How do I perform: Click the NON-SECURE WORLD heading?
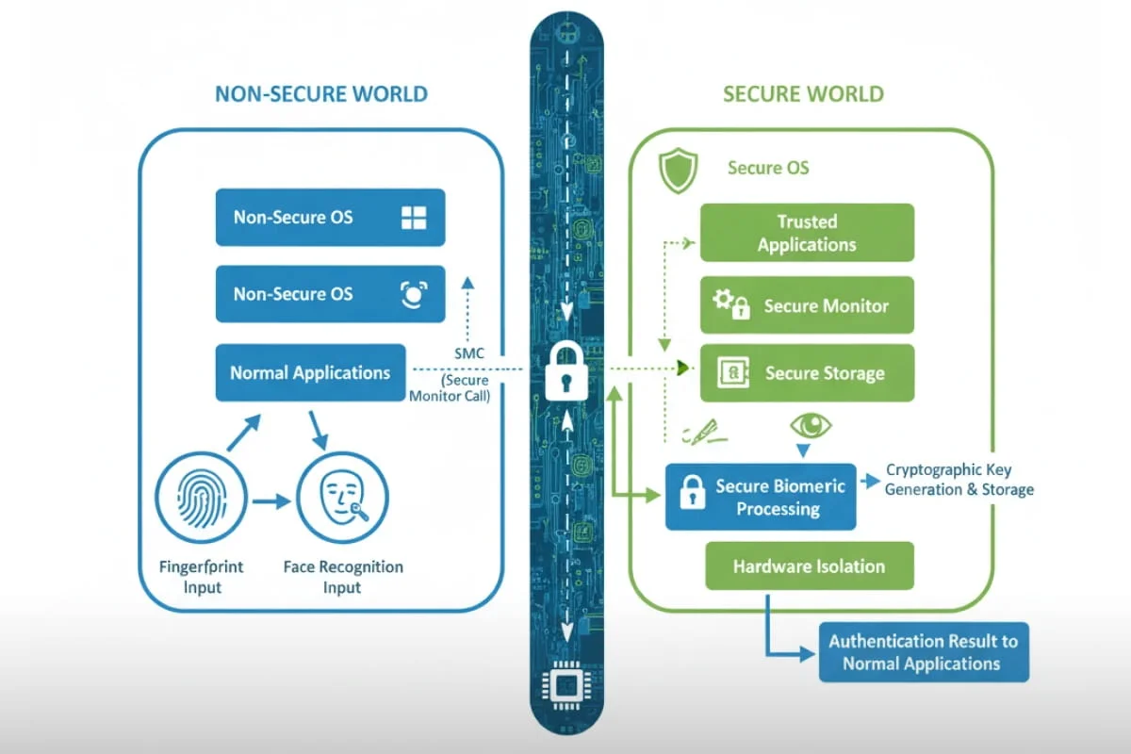click(x=321, y=94)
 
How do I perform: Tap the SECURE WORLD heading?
click(x=803, y=94)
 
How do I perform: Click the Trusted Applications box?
click(x=806, y=233)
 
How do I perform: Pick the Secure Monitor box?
click(x=806, y=305)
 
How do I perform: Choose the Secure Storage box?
click(x=806, y=373)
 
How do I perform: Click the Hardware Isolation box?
click(x=809, y=566)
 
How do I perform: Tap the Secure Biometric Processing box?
click(x=761, y=497)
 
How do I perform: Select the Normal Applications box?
click(x=310, y=372)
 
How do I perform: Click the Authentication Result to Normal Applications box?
click(x=923, y=652)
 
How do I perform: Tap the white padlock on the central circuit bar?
click(x=565, y=369)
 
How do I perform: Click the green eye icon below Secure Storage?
click(x=811, y=425)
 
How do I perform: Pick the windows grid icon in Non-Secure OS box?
click(x=414, y=218)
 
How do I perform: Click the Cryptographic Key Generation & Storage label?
click(x=959, y=480)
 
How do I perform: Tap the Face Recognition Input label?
click(x=343, y=577)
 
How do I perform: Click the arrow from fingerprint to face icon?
click(x=270, y=501)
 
